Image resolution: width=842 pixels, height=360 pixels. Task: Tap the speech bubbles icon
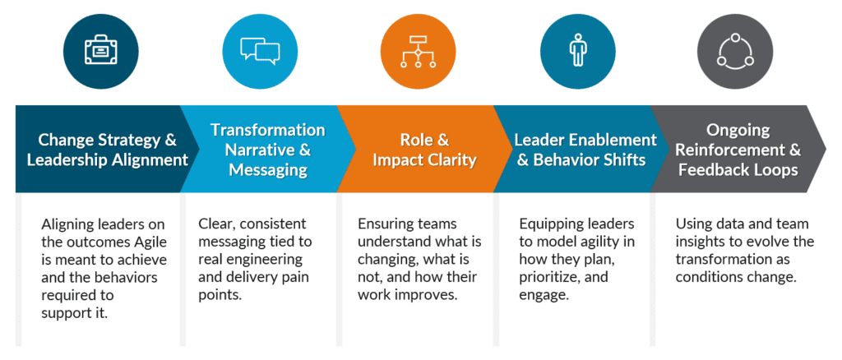pos(260,50)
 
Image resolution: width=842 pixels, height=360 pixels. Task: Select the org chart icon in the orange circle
pos(417,50)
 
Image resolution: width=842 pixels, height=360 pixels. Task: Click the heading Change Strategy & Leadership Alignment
pos(108,149)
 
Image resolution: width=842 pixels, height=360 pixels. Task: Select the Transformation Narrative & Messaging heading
pos(267,149)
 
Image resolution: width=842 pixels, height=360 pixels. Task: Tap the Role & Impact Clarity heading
pos(424,149)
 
